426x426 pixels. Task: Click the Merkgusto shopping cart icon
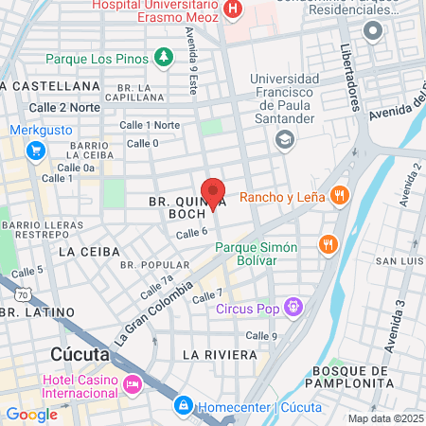click(x=35, y=150)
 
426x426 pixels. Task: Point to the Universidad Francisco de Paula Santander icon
click(x=282, y=139)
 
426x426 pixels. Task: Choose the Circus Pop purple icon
click(x=293, y=307)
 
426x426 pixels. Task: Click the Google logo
click(x=31, y=414)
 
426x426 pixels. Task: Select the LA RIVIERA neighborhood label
click(x=219, y=354)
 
